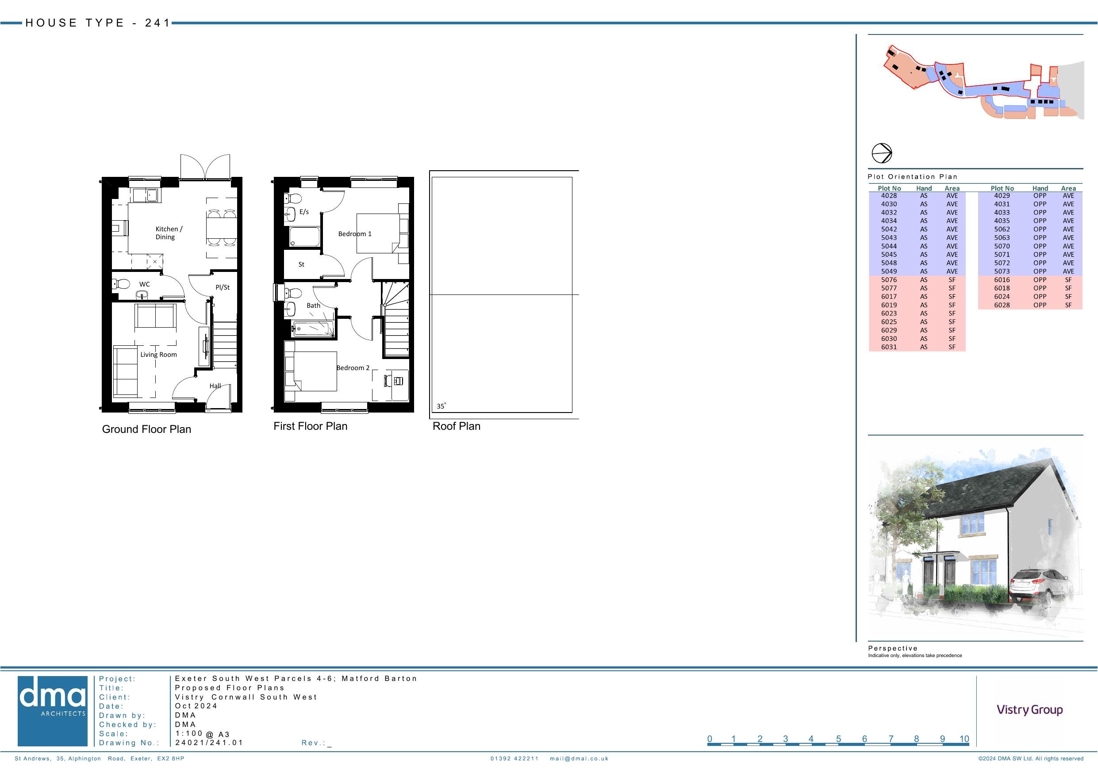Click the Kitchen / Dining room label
click(x=169, y=233)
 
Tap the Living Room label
click(x=159, y=354)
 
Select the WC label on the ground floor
click(x=144, y=284)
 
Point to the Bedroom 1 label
click(x=355, y=234)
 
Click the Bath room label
click(x=314, y=306)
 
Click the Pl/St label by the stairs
click(x=223, y=287)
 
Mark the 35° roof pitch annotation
click(x=441, y=406)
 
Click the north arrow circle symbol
click(x=881, y=153)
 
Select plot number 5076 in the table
click(x=889, y=280)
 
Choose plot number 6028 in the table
click(x=1002, y=305)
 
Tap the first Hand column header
click(x=924, y=188)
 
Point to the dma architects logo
click(x=53, y=711)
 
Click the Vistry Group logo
click(x=1029, y=710)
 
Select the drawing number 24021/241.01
click(x=209, y=742)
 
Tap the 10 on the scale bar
click(x=964, y=739)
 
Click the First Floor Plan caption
click(x=311, y=426)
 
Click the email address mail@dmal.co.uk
click(x=579, y=758)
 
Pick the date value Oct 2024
click(x=196, y=706)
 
